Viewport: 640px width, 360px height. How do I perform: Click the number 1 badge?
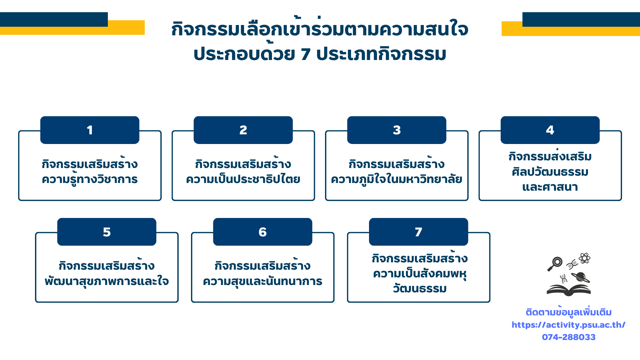pyautogui.click(x=90, y=130)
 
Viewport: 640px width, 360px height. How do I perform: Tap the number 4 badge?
pyautogui.click(x=550, y=130)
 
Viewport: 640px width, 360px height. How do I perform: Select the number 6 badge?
pyautogui.click(x=263, y=232)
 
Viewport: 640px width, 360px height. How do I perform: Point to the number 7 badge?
pyautogui.click(x=418, y=232)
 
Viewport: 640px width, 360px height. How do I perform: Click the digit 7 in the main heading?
pyautogui.click(x=306, y=54)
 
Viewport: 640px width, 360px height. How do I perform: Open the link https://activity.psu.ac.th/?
pyautogui.click(x=568, y=325)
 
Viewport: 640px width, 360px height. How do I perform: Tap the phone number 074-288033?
pyautogui.click(x=569, y=337)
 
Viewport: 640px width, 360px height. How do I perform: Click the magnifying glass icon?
pyautogui.click(x=555, y=264)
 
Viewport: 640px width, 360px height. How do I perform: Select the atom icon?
pyautogui.click(x=585, y=258)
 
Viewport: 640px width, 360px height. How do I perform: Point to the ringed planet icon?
pyautogui.click(x=580, y=277)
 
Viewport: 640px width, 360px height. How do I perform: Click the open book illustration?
pyautogui.click(x=569, y=290)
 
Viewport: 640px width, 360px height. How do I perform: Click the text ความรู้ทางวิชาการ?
pyautogui.click(x=90, y=180)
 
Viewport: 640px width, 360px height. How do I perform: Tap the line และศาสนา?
pyautogui.click(x=550, y=187)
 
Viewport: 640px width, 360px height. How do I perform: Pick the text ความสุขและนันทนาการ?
pyautogui.click(x=263, y=282)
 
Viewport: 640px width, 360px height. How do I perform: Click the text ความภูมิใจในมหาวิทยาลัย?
pyautogui.click(x=397, y=179)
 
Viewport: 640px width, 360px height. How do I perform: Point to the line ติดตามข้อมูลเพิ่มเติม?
pyautogui.click(x=569, y=312)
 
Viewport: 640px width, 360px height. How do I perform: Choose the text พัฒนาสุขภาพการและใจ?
pyautogui.click(x=107, y=282)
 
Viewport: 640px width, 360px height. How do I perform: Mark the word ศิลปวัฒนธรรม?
pyautogui.click(x=550, y=172)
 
